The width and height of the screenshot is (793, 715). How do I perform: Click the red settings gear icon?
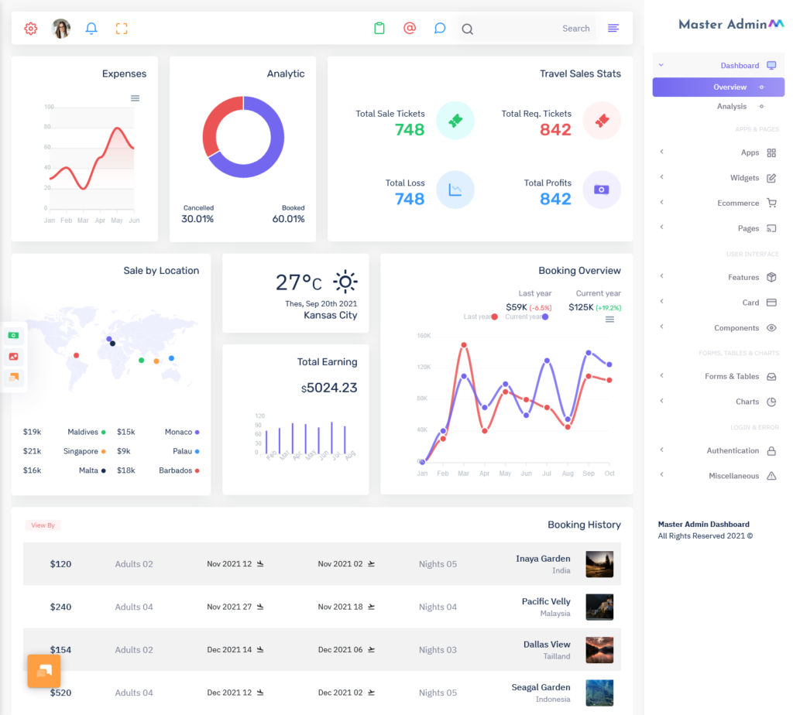click(x=31, y=29)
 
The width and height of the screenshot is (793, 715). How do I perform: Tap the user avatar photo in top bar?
click(x=61, y=29)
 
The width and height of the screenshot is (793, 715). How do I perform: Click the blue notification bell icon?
click(x=91, y=29)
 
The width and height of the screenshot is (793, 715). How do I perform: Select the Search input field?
click(x=527, y=29)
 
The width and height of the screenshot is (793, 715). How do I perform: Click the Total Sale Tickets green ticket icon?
click(x=455, y=121)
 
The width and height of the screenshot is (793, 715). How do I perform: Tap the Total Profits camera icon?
click(x=602, y=190)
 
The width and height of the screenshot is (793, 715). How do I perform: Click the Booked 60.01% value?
click(x=288, y=219)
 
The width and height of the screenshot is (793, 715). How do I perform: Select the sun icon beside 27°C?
click(x=345, y=282)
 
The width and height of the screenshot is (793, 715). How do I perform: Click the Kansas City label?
click(x=330, y=315)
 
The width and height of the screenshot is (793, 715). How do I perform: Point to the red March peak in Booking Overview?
click(x=464, y=345)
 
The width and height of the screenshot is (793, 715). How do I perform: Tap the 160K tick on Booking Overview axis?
click(x=424, y=336)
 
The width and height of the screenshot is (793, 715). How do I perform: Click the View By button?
click(x=43, y=525)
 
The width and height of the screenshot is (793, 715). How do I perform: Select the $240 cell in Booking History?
click(x=60, y=607)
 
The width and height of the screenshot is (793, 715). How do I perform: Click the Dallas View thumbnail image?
click(x=599, y=650)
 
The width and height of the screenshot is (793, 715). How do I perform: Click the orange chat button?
click(x=44, y=671)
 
